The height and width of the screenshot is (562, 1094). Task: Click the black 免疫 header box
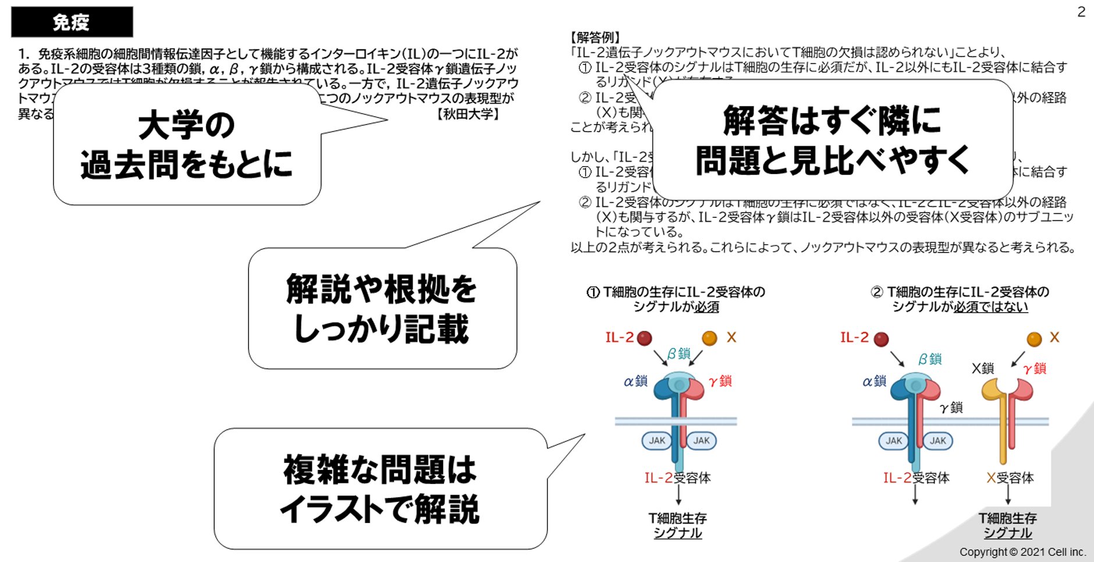[x=72, y=22]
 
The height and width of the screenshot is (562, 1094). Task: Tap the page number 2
[x=1081, y=12]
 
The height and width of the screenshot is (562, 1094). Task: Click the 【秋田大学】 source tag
[x=468, y=114]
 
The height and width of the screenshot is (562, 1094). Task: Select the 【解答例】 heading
[x=595, y=38]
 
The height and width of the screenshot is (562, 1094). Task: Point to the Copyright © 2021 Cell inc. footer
[x=1022, y=552]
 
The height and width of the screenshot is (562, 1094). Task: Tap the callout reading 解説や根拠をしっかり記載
[x=382, y=309]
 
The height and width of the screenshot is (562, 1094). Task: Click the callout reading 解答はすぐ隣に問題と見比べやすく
[x=832, y=140]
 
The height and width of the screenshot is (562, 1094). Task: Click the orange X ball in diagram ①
[x=709, y=338]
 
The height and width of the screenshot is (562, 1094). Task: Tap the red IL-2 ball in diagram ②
[x=882, y=339]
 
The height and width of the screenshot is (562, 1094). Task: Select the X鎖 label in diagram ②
[x=983, y=368]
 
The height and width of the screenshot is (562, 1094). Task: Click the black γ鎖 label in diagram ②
[x=951, y=408]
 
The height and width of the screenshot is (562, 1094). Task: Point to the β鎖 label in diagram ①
[x=679, y=354]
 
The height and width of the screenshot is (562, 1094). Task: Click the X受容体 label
[x=1010, y=478]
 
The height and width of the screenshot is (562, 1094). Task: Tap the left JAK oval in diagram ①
[x=656, y=441]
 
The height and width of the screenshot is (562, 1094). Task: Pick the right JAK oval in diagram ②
[x=937, y=441]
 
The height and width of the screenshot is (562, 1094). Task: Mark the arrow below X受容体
[x=1008, y=495]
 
